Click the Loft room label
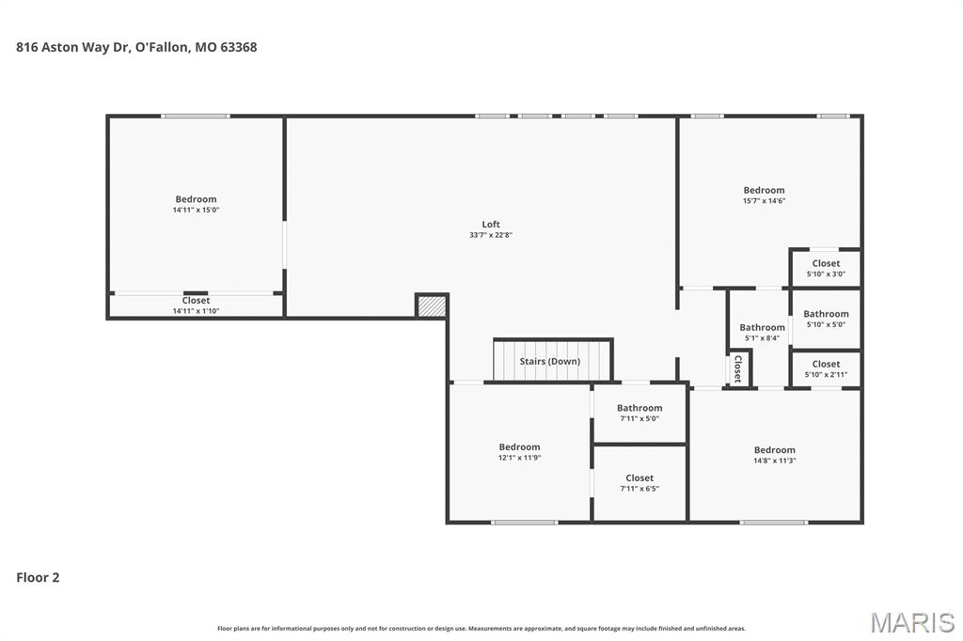[491, 225]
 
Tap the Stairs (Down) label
[549, 361]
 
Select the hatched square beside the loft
[431, 306]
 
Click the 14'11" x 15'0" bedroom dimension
[196, 210]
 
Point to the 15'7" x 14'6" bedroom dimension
[764, 201]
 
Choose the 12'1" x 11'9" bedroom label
[519, 447]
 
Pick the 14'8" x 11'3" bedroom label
[775, 450]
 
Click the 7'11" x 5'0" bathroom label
[639, 408]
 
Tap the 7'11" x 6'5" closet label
[639, 477]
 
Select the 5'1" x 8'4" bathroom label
[762, 327]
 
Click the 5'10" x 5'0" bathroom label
[826, 314]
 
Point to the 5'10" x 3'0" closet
[826, 268]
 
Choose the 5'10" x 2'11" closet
[826, 369]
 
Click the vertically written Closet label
[738, 368]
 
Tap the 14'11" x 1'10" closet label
[196, 300]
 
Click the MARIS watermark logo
[912, 622]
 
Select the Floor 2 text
[38, 577]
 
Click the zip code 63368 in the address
[238, 47]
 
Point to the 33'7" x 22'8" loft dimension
[491, 235]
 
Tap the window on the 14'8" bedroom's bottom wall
[774, 523]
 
